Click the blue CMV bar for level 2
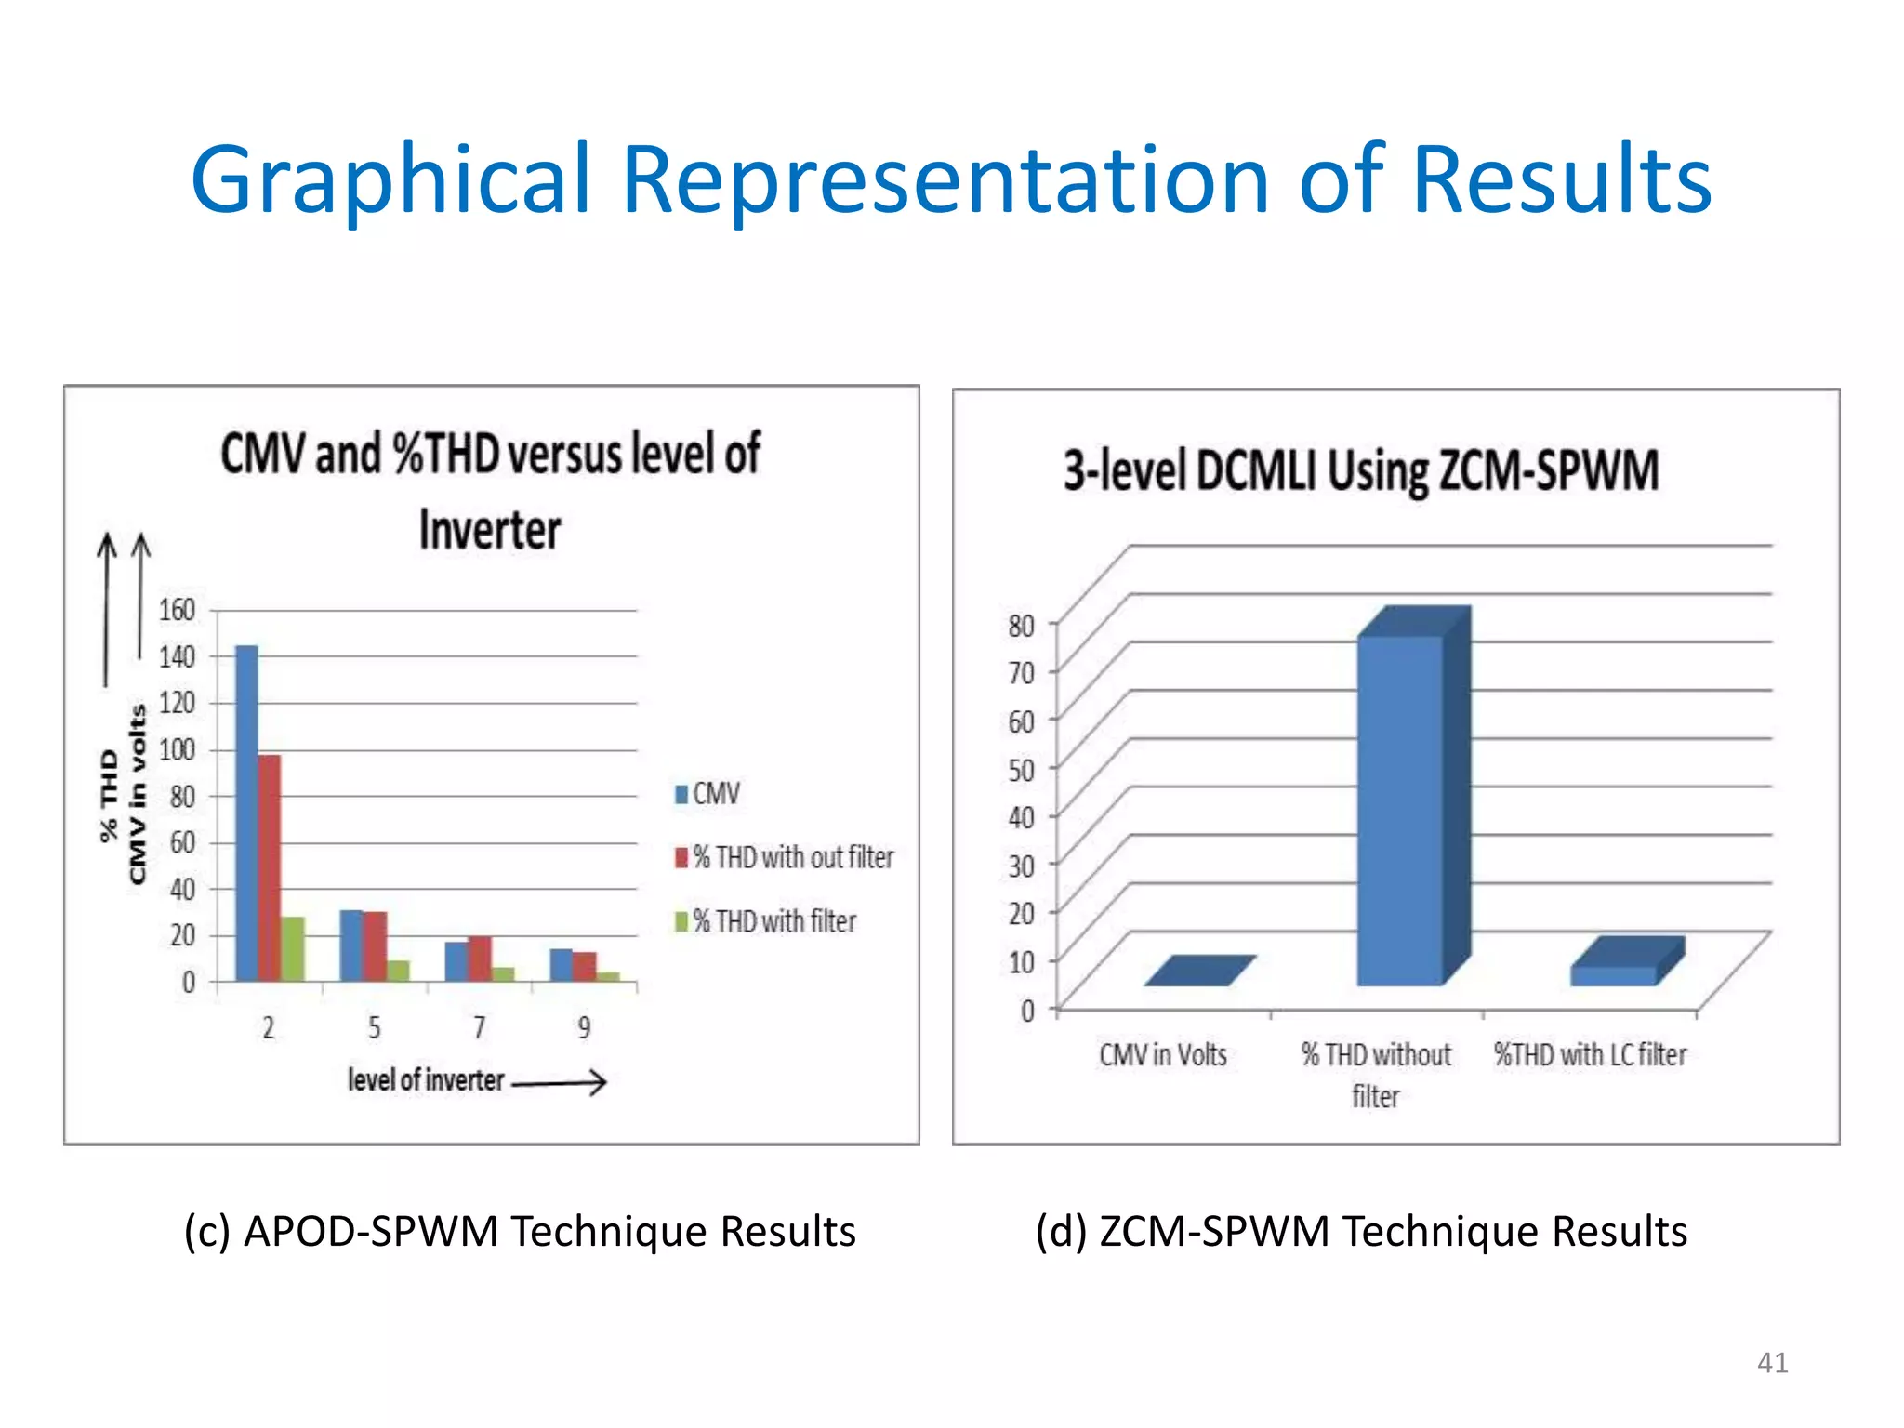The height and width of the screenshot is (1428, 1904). click(246, 813)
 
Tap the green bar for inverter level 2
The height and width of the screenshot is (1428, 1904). click(293, 949)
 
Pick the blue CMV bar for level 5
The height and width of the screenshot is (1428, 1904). click(351, 945)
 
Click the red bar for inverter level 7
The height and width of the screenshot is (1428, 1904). click(480, 959)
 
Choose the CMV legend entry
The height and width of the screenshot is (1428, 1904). click(707, 794)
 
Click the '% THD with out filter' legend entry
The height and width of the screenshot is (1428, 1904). click(784, 857)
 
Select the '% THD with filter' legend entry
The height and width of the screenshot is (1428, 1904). click(765, 921)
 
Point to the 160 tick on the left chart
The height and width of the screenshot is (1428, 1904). click(177, 611)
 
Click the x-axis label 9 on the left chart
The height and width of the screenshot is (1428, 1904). click(584, 1027)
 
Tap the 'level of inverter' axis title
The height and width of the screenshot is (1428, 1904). click(426, 1080)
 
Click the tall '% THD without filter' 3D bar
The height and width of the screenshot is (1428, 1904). click(1400, 809)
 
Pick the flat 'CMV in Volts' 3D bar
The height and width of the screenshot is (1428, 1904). click(1199, 971)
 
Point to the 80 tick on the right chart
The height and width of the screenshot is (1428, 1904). click(1021, 626)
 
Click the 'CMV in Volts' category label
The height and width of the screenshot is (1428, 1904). click(1163, 1055)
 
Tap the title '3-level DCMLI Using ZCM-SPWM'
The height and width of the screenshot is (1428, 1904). click(1361, 470)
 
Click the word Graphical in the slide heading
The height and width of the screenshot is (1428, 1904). click(390, 181)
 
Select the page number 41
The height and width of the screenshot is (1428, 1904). click(1772, 1362)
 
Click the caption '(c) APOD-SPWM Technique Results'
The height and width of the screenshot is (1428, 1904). click(520, 1231)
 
